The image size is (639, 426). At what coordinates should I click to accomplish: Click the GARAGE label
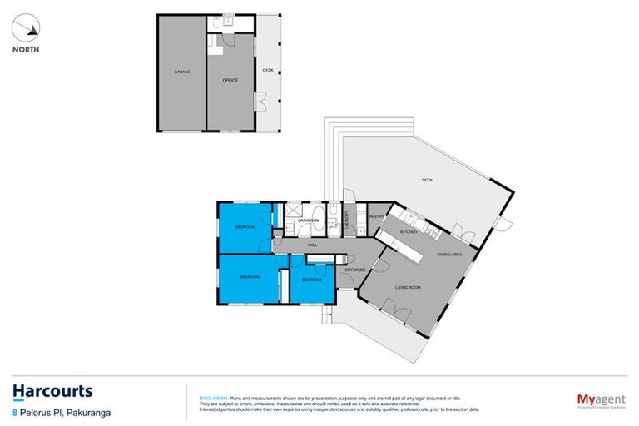click(181, 72)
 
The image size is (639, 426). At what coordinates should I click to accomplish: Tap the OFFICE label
click(230, 80)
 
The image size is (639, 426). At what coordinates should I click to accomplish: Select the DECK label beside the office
click(268, 70)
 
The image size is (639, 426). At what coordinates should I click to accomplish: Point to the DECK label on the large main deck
click(427, 181)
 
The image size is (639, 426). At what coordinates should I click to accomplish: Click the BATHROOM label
click(310, 220)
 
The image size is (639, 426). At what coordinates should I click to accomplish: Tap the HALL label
click(313, 245)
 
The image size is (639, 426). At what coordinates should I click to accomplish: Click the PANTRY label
click(375, 216)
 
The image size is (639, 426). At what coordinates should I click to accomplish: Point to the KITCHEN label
click(408, 231)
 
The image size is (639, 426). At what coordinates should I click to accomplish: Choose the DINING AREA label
click(450, 255)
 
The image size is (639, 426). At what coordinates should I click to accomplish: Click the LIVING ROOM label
click(408, 288)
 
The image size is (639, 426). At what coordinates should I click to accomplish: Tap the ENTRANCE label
click(355, 270)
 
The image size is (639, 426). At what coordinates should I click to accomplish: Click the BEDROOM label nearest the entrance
click(311, 280)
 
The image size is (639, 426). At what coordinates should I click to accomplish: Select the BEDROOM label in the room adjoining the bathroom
click(245, 227)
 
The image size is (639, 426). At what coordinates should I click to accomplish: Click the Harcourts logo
click(52, 391)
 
